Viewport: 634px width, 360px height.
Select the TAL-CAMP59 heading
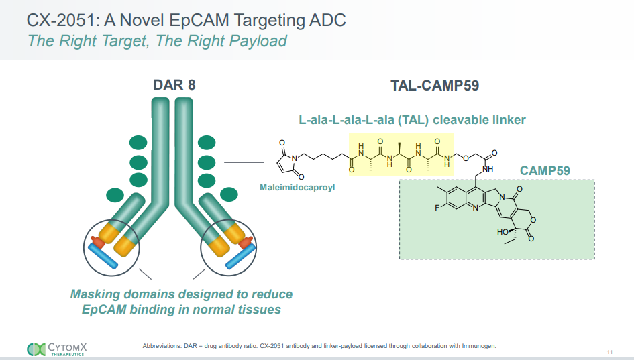click(434, 85)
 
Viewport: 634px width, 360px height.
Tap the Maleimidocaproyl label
click(297, 188)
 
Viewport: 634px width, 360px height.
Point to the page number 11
click(609, 353)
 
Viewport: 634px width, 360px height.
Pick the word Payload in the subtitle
click(257, 41)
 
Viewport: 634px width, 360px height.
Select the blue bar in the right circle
click(240, 256)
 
